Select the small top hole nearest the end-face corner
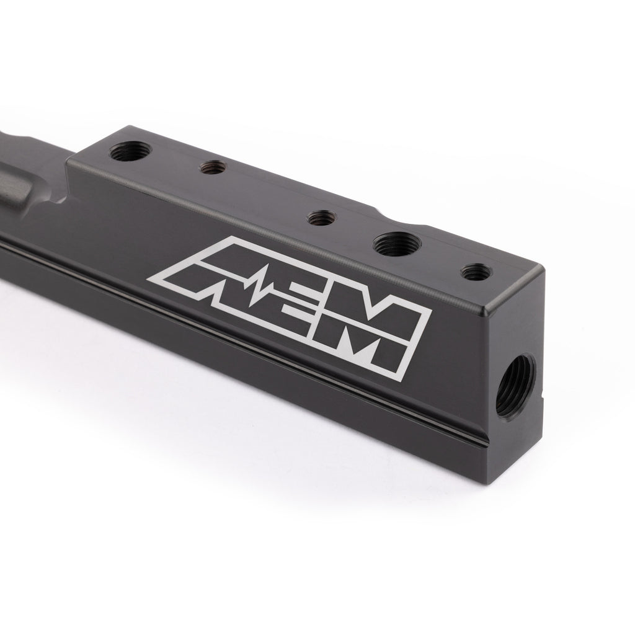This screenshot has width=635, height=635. point(477,272)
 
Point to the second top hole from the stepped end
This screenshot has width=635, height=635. point(213,167)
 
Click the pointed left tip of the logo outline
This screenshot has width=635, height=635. point(148,280)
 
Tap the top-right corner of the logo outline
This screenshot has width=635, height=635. point(430,306)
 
